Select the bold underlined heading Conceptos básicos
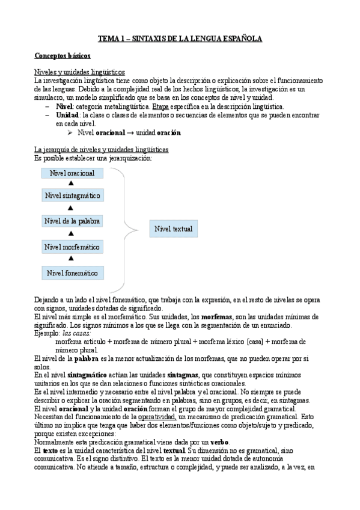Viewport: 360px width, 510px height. click(63, 56)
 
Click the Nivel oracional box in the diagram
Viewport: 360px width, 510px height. click(72, 173)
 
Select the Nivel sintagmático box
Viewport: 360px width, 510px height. click(72, 196)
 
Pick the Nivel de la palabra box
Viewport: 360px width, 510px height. click(72, 221)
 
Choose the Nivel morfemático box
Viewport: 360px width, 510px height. click(72, 247)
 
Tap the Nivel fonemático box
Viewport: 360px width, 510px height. click(72, 273)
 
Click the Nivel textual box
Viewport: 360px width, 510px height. click(174, 229)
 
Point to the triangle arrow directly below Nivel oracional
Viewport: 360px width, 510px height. click(71, 183)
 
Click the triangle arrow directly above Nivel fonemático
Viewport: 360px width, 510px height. click(71, 259)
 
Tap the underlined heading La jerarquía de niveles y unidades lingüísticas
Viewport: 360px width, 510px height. click(102, 149)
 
